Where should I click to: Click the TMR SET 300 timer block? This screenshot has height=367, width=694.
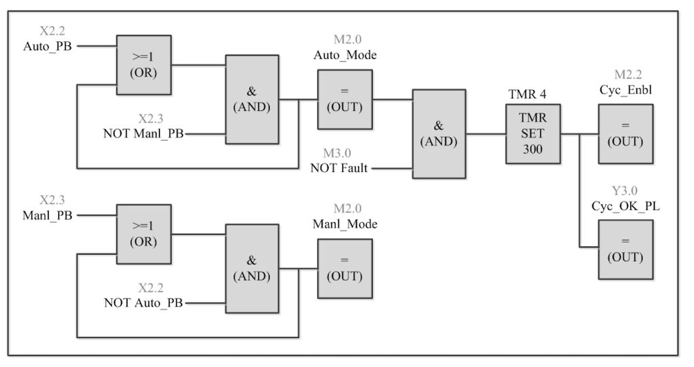tap(533, 134)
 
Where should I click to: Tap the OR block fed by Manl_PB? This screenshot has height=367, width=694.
tap(143, 234)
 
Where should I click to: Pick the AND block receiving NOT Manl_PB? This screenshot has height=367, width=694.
tap(251, 100)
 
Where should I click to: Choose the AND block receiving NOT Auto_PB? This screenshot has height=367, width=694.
tap(251, 268)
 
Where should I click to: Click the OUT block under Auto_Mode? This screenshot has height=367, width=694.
tap(345, 100)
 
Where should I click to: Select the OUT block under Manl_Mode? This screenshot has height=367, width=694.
tap(345, 268)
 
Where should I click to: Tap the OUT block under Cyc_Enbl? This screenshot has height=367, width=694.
tap(626, 134)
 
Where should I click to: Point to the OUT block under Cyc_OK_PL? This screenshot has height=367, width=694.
tap(626, 249)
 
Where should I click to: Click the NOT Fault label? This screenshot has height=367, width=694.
tap(339, 168)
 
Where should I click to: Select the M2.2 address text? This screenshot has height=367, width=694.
tap(627, 74)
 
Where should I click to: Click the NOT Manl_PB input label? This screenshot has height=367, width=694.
tap(143, 133)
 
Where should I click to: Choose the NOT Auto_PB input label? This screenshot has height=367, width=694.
tap(143, 302)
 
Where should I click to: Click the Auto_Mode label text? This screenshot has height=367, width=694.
tap(345, 56)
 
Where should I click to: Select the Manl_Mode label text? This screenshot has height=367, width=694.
tap(345, 224)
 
